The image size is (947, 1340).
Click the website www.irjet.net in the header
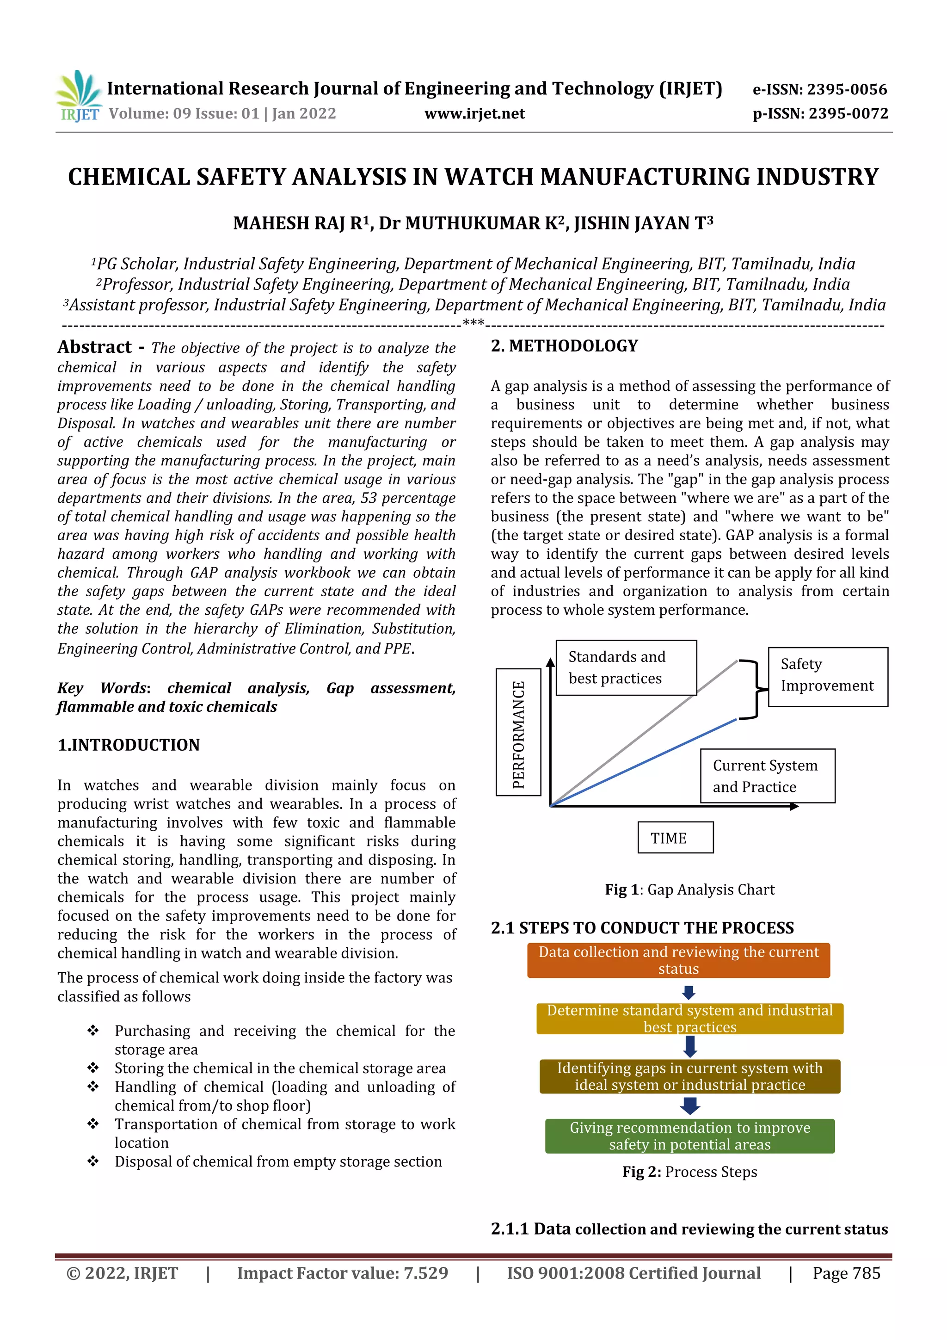pos(474,114)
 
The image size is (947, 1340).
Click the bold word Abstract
pos(94,347)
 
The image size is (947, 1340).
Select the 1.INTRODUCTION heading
pos(129,745)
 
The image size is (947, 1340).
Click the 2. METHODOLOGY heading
pos(564,346)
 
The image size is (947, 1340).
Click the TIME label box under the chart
pos(675,838)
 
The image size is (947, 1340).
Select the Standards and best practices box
pos(626,667)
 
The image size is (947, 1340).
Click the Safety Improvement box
pos(827,676)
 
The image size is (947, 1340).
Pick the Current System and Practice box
pos(767,776)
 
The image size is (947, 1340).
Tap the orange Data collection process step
pos(678,960)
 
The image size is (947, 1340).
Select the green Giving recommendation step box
pos(690,1136)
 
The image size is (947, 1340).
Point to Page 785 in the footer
pos(846,1273)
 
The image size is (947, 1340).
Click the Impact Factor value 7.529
pos(343,1273)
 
